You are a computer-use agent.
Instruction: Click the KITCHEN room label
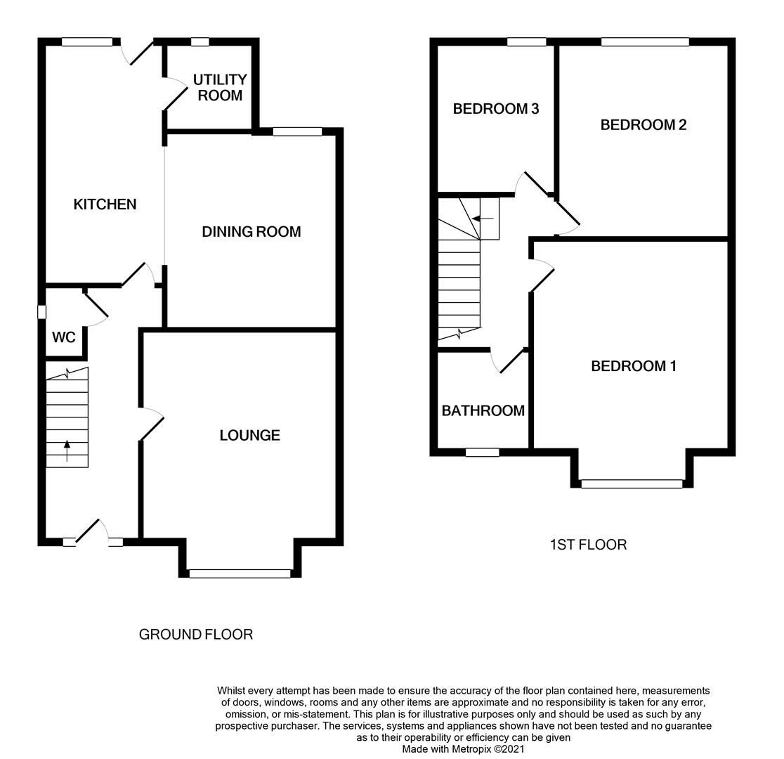click(x=105, y=205)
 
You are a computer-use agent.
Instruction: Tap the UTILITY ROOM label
click(x=220, y=88)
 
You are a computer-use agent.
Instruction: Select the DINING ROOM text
click(x=251, y=232)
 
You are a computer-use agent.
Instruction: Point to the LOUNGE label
click(x=249, y=436)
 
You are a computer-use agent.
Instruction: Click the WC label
click(x=64, y=338)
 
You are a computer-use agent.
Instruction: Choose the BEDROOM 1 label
click(x=633, y=366)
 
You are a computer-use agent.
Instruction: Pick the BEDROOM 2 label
click(x=643, y=125)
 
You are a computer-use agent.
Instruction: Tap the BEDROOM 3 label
click(x=495, y=109)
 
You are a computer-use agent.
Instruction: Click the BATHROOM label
click(x=483, y=411)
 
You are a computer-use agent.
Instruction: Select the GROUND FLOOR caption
click(x=195, y=635)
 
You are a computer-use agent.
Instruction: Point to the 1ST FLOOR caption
click(x=587, y=545)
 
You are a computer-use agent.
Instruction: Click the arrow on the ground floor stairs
click(x=67, y=450)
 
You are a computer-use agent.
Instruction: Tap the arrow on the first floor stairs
click(x=483, y=219)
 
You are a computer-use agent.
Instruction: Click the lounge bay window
click(x=240, y=573)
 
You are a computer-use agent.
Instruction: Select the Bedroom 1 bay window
click(x=632, y=484)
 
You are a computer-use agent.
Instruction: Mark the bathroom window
click(x=482, y=453)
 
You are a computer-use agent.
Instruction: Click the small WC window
click(x=42, y=312)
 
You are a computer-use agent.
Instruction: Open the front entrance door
click(x=91, y=532)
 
